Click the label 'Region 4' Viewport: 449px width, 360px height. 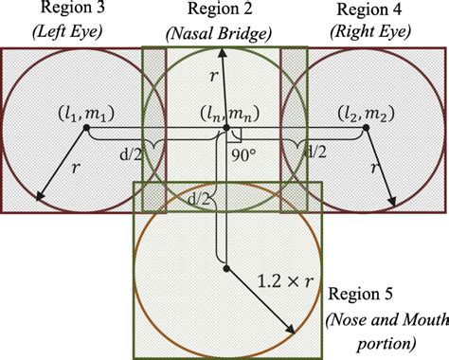click(370, 10)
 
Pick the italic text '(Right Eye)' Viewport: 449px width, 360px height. click(370, 31)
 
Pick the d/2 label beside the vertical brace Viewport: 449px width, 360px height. click(200, 198)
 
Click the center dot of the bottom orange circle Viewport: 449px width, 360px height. click(225, 268)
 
